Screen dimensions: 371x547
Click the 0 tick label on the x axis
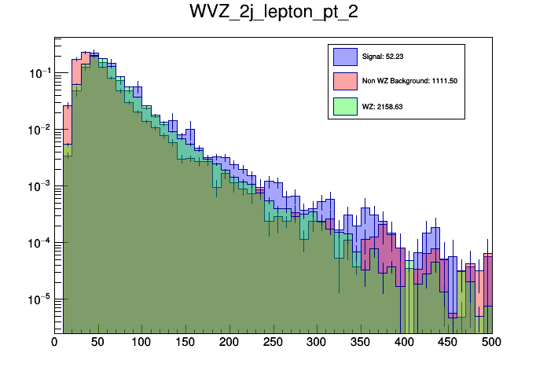pos(54,343)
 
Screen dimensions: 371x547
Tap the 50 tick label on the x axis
pos(97,343)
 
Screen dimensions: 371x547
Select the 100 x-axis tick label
pos(141,343)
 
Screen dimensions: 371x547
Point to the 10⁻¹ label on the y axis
pos(39,73)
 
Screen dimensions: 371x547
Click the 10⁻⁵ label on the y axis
pos(39,299)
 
